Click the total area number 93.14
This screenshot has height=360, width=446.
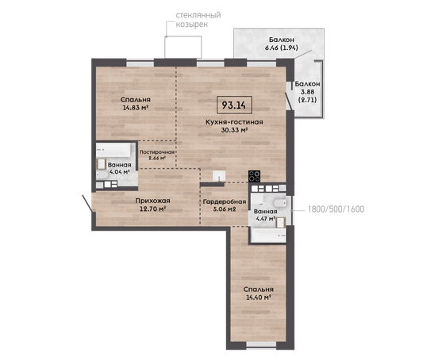(x=234, y=105)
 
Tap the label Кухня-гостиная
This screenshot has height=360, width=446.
(x=234, y=122)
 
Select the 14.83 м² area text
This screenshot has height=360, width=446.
(x=135, y=108)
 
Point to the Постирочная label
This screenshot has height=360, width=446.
(x=156, y=152)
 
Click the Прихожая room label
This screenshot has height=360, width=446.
(x=152, y=201)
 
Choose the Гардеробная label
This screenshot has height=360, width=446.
(x=225, y=201)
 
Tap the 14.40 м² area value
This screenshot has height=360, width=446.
(x=258, y=297)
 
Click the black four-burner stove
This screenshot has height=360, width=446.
(x=254, y=176)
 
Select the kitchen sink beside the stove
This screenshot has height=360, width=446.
(x=219, y=175)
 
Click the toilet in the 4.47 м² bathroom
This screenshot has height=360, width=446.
(x=279, y=203)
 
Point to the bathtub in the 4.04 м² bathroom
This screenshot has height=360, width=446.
(x=113, y=150)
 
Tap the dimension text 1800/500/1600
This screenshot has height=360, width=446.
(x=336, y=209)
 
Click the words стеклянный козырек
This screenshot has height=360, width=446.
(x=198, y=20)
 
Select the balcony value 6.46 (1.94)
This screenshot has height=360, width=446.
(x=281, y=48)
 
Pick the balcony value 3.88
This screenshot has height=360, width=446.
(x=307, y=92)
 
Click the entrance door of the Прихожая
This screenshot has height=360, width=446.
(x=87, y=203)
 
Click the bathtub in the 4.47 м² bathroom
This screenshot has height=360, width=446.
(x=268, y=236)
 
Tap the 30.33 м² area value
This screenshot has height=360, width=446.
(x=234, y=130)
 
